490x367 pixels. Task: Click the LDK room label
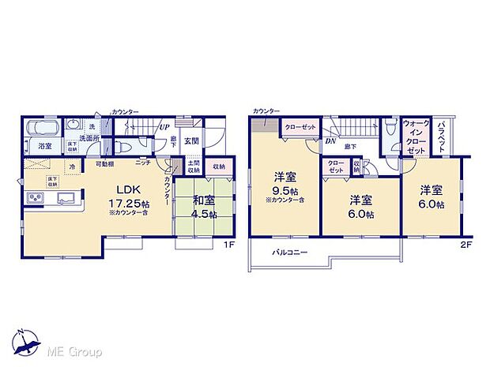(130, 190)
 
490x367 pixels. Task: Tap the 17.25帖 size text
(130, 202)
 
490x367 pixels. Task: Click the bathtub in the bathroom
(43, 127)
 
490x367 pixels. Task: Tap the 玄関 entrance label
(191, 140)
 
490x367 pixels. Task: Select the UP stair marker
(164, 126)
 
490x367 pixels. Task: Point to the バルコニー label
(290, 253)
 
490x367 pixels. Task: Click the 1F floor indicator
(228, 245)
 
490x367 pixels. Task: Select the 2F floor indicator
(465, 245)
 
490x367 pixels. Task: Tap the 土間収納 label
(194, 167)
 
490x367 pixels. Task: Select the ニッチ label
(143, 163)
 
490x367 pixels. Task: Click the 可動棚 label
(106, 163)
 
